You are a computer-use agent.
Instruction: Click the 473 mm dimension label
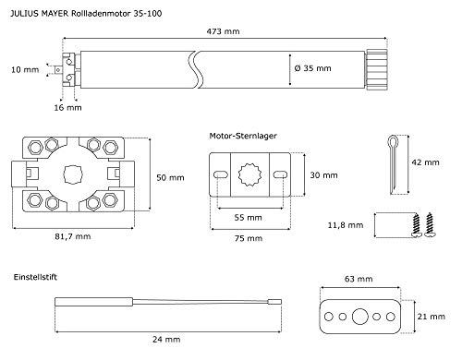(223, 31)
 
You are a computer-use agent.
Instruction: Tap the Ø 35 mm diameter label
(312, 68)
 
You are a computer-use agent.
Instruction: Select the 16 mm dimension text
(67, 108)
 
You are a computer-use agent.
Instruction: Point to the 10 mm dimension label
(25, 70)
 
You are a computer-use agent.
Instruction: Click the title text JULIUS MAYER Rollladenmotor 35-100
(86, 14)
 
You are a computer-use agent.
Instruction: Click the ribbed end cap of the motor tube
(376, 69)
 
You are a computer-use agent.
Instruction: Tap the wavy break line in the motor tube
(196, 69)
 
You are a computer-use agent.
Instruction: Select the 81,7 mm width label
(73, 236)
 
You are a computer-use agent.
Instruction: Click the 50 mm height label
(170, 178)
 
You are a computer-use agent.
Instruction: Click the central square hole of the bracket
(73, 174)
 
